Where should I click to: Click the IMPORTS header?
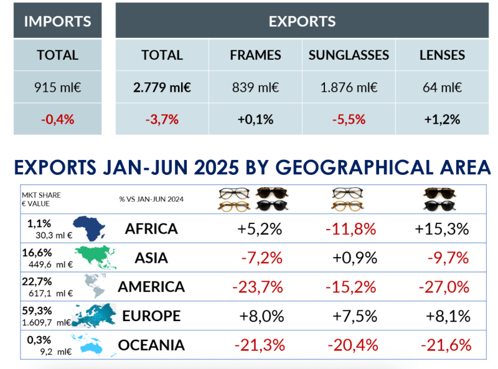click(57, 21)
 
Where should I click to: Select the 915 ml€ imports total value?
click(57, 87)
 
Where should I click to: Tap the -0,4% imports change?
click(57, 119)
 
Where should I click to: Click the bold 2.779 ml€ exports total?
click(162, 87)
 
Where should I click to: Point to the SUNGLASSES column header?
click(349, 55)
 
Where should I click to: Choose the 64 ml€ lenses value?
click(442, 87)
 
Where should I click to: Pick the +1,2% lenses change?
click(442, 119)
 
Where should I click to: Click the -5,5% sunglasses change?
click(349, 119)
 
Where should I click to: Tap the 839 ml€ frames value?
click(255, 87)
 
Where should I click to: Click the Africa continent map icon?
click(89, 229)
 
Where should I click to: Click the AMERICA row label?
click(151, 287)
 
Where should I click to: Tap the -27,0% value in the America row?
click(444, 287)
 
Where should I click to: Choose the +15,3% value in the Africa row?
click(441, 229)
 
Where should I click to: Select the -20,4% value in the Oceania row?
click(350, 345)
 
